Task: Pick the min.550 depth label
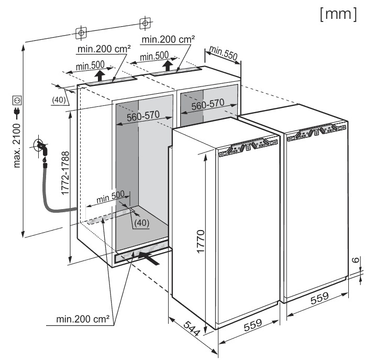coord(223,53)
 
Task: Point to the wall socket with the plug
coord(40,146)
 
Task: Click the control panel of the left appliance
coord(249,146)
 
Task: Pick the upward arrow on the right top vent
coord(167,66)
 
